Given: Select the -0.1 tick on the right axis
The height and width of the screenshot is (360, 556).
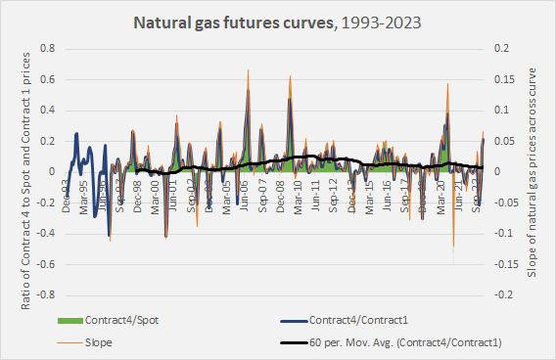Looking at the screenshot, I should pos(503,233).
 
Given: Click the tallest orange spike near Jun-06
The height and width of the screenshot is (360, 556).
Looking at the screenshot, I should pos(248,70).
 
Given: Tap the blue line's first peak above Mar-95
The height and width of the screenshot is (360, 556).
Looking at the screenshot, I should pos(77,134).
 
